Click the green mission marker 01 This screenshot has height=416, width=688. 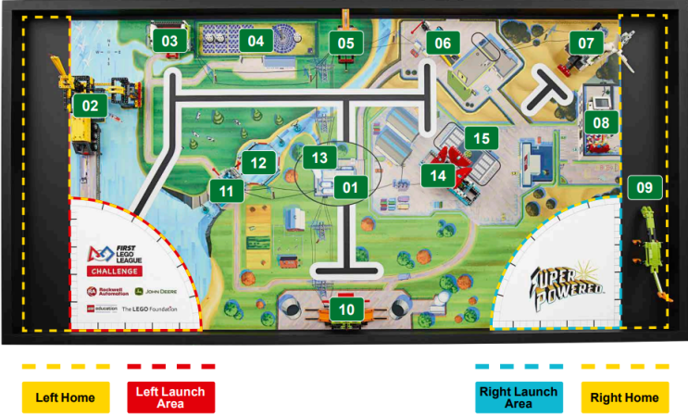coord(349,188)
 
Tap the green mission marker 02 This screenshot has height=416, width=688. coord(90,106)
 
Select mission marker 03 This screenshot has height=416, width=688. coord(169,41)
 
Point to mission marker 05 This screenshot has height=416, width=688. coord(345,43)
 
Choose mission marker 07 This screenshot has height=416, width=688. coord(586,43)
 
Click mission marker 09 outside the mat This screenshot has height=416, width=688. coord(644,188)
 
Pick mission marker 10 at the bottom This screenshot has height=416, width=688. coord(346,309)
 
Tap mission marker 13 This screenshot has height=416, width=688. coord(319,158)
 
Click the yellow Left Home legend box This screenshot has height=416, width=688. coord(66,397)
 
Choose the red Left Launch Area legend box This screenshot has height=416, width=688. coord(171,397)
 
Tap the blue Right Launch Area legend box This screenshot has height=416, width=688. coord(519,397)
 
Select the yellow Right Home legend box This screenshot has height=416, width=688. coord(624,397)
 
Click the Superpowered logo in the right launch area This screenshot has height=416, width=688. coord(568,283)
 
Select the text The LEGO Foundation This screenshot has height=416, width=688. coord(151,309)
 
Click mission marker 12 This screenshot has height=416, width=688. coord(259,163)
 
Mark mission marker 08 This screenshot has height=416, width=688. coord(601,122)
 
